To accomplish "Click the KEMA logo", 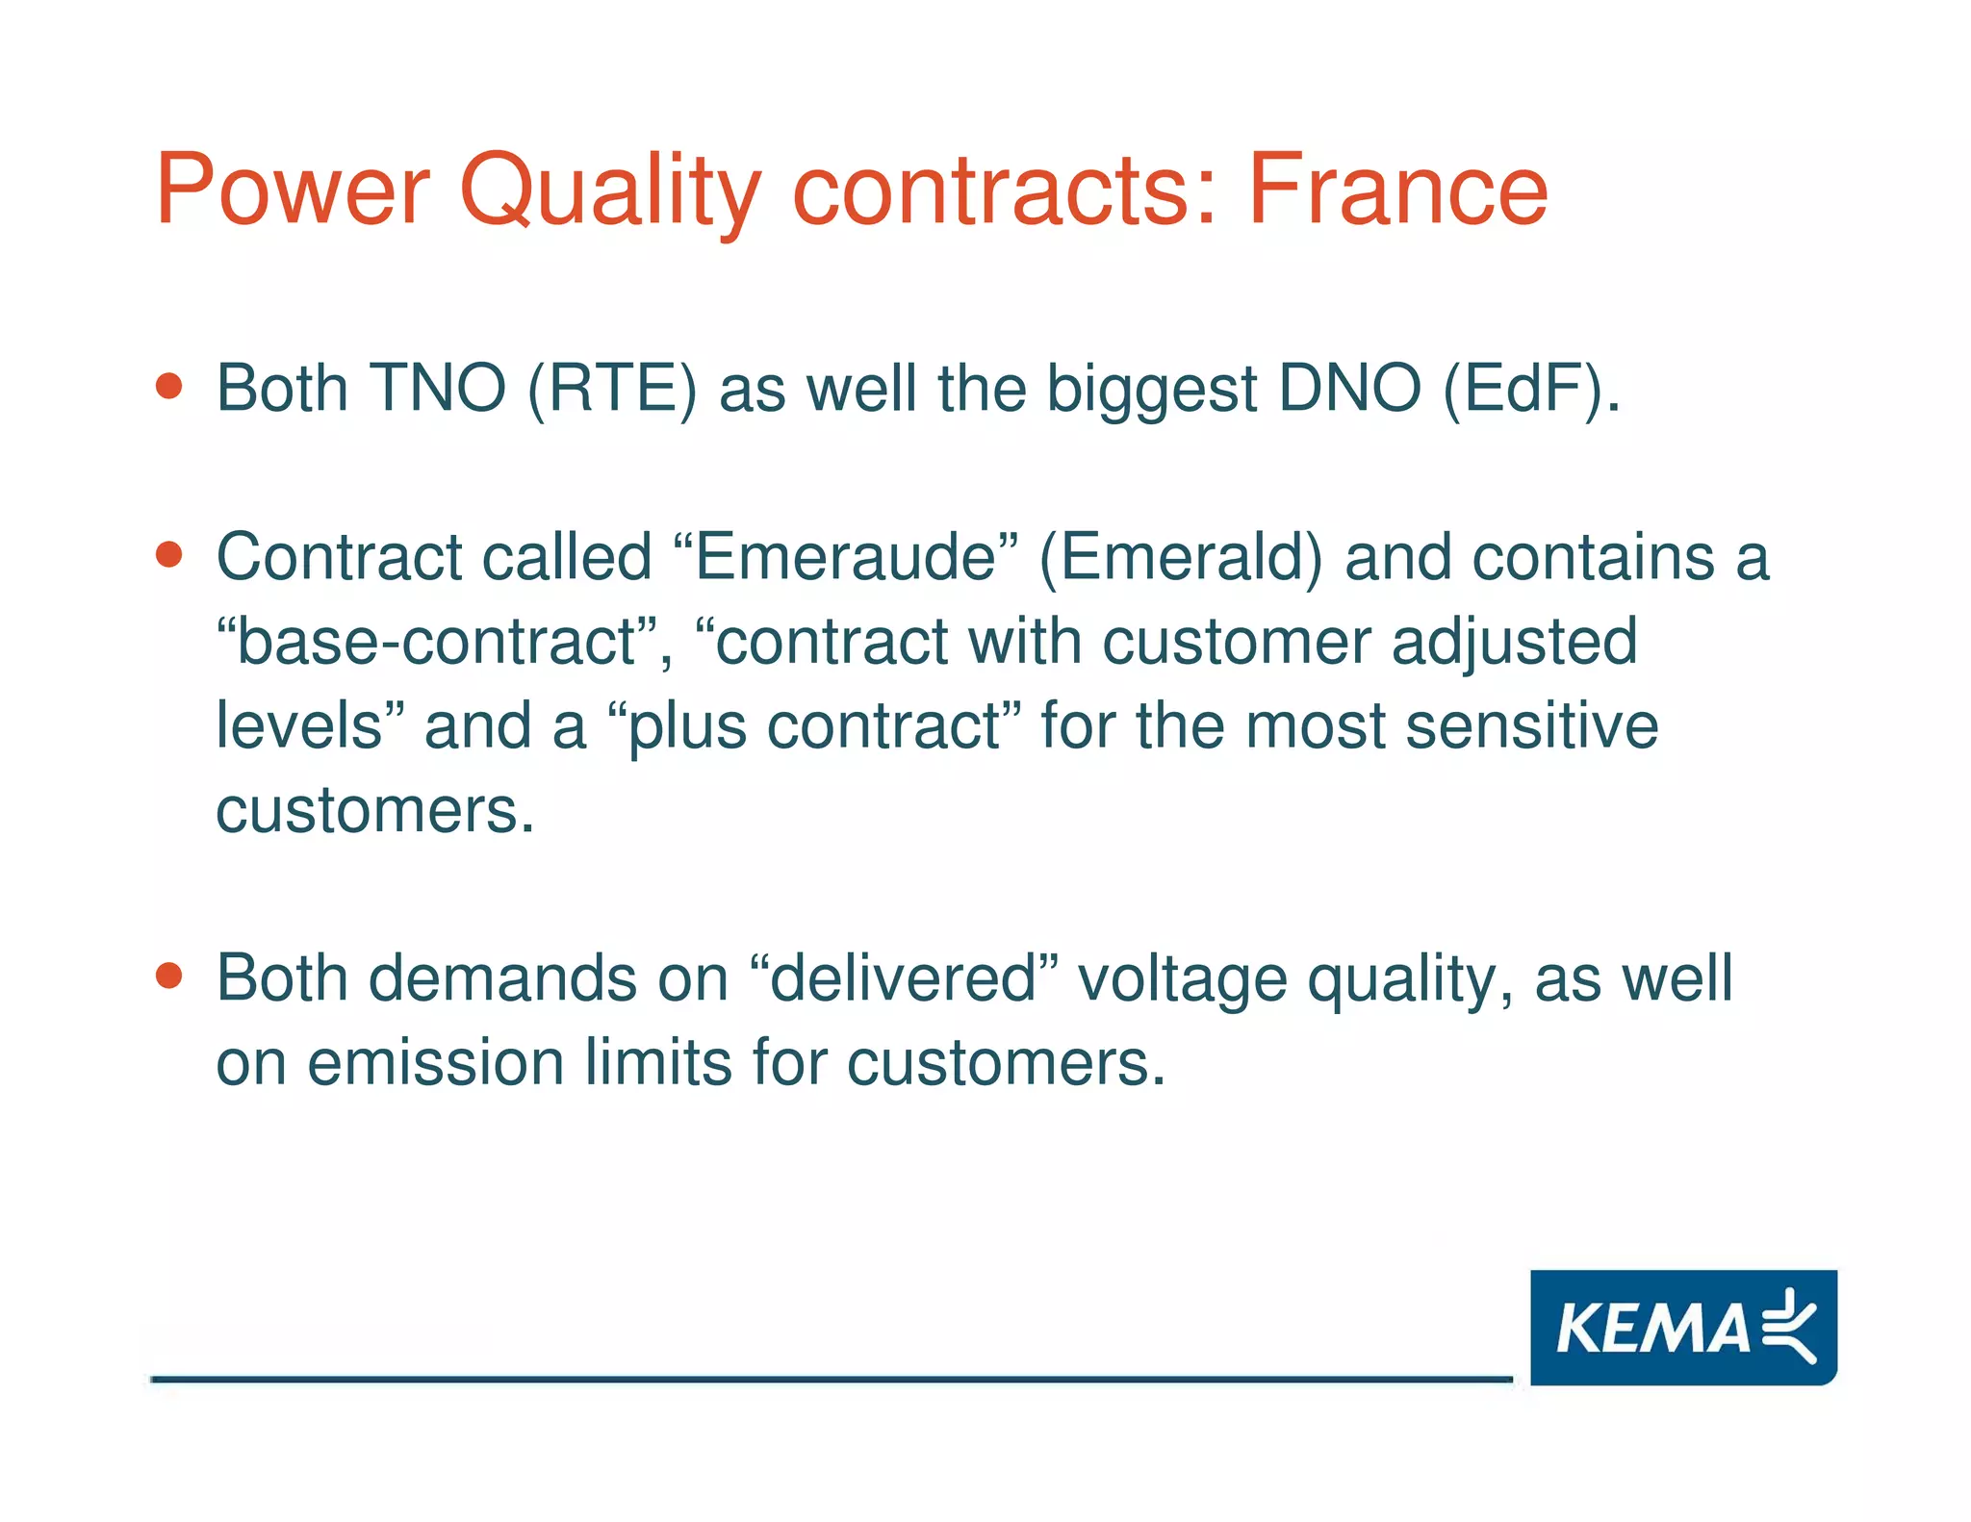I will tap(1682, 1327).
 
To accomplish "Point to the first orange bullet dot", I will tap(169, 387).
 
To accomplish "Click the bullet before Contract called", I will tap(169, 555).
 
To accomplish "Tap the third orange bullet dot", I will tap(169, 977).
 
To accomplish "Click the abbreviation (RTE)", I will tap(612, 389).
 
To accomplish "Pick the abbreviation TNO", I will tap(438, 389).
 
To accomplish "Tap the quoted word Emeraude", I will tap(846, 557).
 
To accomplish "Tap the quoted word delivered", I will tap(903, 978).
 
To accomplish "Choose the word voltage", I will tap(1182, 978).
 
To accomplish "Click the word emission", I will tap(435, 1063).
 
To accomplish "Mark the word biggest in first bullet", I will tap(1152, 389).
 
